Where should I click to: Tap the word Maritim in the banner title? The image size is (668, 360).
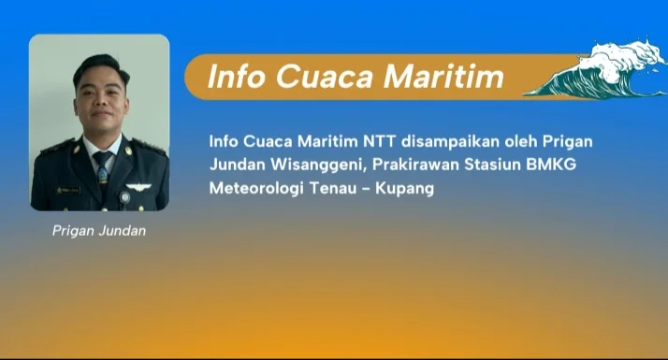443,77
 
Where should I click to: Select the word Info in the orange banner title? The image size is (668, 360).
237,77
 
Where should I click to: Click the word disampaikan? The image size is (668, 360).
450,141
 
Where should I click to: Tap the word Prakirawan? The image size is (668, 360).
415,165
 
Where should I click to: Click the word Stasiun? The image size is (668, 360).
492,165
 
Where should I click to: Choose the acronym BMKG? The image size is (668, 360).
551,165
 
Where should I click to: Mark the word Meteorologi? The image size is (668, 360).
256,188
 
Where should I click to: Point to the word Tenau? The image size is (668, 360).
333,188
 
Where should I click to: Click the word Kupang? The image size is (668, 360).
404,189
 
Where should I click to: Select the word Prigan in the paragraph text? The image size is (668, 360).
567,142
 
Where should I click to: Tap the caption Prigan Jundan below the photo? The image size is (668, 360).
99,231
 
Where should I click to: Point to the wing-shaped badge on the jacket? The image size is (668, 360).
138,187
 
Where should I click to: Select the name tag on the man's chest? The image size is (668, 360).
68,191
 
